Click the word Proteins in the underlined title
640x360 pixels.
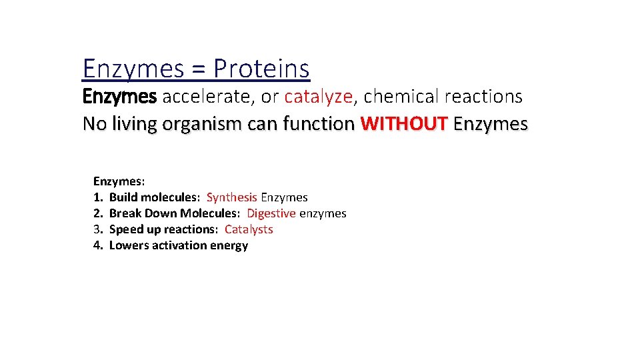pos(262,69)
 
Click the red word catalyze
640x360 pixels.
pos(318,97)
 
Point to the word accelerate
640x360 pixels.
pos(209,97)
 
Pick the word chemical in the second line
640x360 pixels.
pos(402,97)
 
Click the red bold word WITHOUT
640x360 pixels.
pos(403,124)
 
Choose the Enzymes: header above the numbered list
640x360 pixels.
pos(119,181)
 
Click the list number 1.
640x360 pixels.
pos(97,197)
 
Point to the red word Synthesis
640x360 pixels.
pos(231,197)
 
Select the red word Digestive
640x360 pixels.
pos(271,213)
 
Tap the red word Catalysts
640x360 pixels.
pos(249,229)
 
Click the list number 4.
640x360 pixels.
pos(97,245)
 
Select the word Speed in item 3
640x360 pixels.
pos(124,229)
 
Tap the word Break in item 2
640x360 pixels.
pos(123,213)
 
